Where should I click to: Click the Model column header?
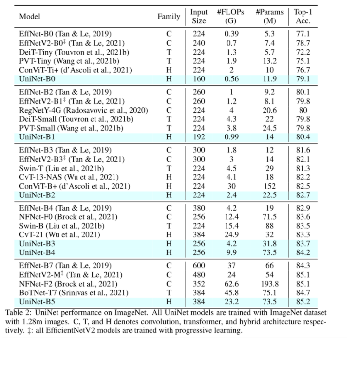pos(29,17)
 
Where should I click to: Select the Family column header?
pos(169,17)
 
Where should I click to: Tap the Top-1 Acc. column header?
pos(303,17)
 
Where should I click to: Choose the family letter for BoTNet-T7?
pos(169,292)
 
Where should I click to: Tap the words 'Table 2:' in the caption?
pos(18,312)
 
